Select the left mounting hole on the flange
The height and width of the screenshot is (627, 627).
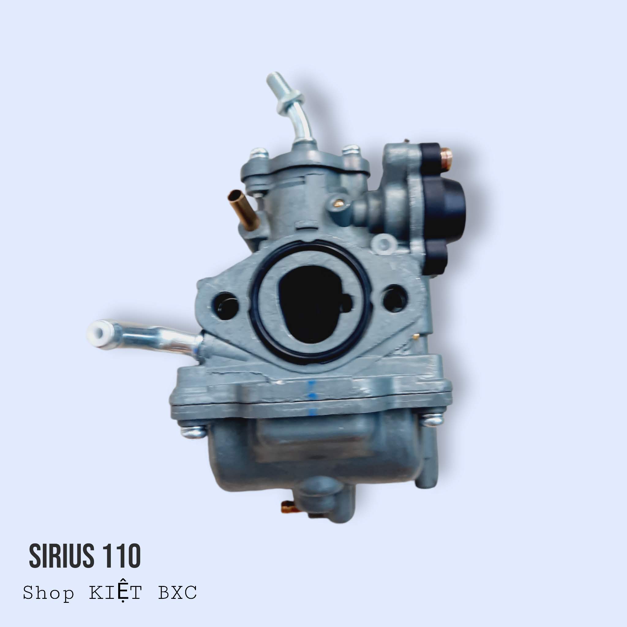225,302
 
